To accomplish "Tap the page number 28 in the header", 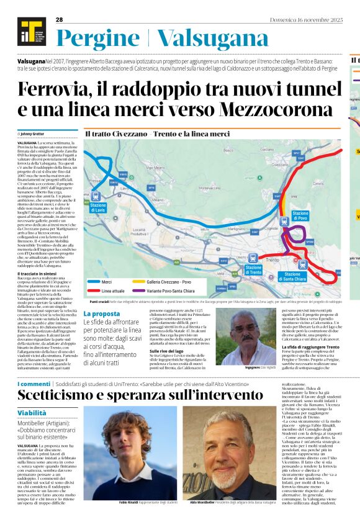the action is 60,19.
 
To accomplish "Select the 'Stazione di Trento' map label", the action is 253,270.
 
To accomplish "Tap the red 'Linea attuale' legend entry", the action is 114,290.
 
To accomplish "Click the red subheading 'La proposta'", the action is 102,314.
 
